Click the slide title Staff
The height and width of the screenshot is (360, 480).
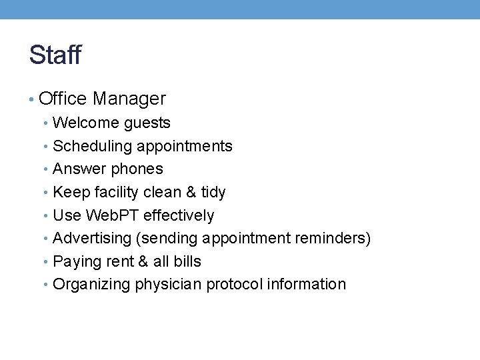tap(55, 55)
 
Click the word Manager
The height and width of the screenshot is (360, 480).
tap(129, 99)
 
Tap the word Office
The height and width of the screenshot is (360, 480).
tap(63, 99)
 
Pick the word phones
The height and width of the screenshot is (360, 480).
tap(137, 169)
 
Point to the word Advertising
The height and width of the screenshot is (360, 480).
tap(93, 238)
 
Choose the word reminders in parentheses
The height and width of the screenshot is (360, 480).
tap(337, 238)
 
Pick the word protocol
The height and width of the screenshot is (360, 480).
tap(234, 285)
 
